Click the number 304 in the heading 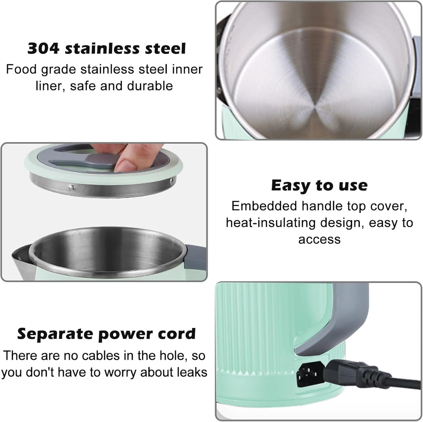[x=43, y=49]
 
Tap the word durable [x=150, y=86]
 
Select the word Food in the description [x=21, y=69]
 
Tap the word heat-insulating [x=271, y=223]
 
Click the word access [x=320, y=239]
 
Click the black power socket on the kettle [x=310, y=374]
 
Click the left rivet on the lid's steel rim [x=72, y=187]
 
